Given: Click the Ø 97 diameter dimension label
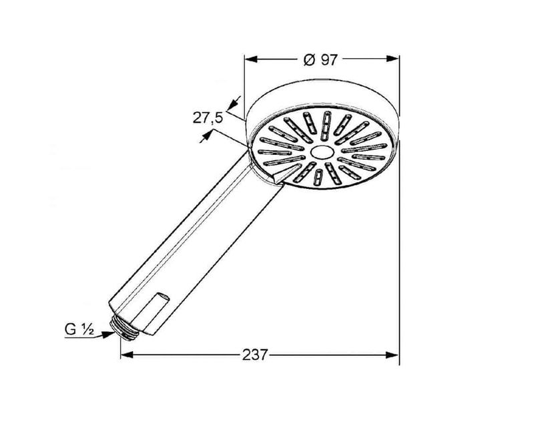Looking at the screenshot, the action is tap(320, 60).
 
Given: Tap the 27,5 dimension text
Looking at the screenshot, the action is tap(208, 118).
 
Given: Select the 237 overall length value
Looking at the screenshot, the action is tap(255, 355).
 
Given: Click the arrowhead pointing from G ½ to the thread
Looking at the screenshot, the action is tap(108, 335).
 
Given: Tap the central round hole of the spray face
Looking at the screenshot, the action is tap(321, 152).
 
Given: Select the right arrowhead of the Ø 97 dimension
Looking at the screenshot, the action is tap(392, 59).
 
